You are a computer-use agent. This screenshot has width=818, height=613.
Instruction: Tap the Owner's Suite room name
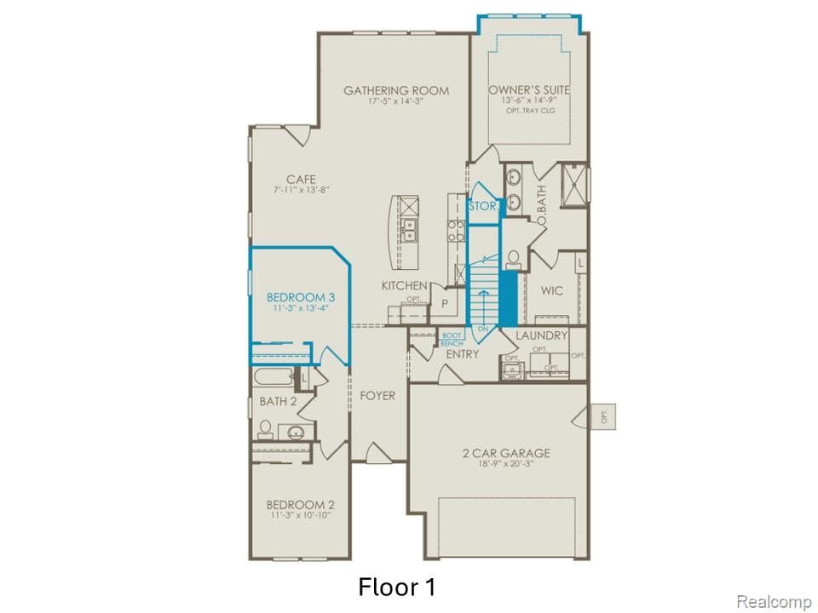(x=529, y=89)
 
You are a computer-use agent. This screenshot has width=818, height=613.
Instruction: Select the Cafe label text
(x=301, y=179)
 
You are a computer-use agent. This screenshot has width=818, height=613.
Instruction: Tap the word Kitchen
(x=403, y=285)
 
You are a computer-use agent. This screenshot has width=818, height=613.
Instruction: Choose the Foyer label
(x=377, y=396)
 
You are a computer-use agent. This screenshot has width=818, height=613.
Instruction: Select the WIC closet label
(x=551, y=291)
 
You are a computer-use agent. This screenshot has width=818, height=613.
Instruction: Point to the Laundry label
(x=541, y=335)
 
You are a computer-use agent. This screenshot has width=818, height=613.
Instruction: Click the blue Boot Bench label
(x=452, y=339)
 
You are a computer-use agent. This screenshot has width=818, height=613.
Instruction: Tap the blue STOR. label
(x=483, y=205)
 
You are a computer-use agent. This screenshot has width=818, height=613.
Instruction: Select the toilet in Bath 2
(x=265, y=428)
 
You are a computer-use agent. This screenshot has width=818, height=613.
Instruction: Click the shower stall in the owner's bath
(x=573, y=186)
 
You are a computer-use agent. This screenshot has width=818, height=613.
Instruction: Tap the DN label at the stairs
(x=482, y=328)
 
